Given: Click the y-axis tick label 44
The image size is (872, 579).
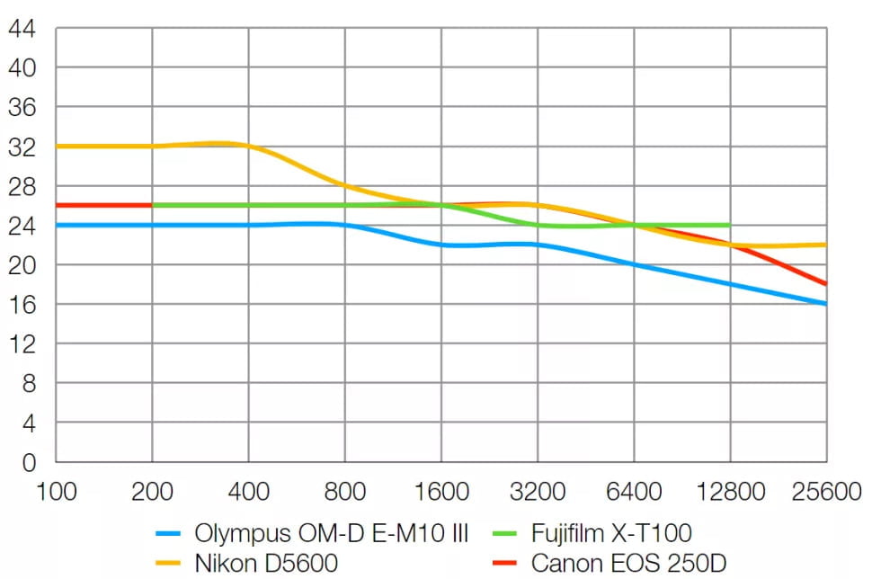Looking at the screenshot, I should [22, 28].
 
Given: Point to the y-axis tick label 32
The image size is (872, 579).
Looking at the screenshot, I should [22, 147].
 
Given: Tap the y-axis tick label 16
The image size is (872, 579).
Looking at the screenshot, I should [22, 305].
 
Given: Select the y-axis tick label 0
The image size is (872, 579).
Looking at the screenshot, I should [28, 463].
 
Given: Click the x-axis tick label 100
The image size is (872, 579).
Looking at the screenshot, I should [56, 493].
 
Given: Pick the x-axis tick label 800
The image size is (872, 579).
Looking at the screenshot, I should [345, 493].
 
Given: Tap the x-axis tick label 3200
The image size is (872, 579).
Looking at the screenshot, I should [538, 493].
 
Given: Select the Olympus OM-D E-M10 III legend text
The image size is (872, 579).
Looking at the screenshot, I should [331, 533].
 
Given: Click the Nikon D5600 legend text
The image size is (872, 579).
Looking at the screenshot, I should [265, 564].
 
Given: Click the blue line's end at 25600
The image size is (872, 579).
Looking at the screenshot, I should [825, 304].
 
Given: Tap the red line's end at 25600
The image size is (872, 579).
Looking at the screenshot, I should [825, 284].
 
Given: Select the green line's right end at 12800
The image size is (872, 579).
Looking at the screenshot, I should [729, 225].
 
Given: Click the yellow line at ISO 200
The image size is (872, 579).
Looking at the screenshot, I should [152, 146].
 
